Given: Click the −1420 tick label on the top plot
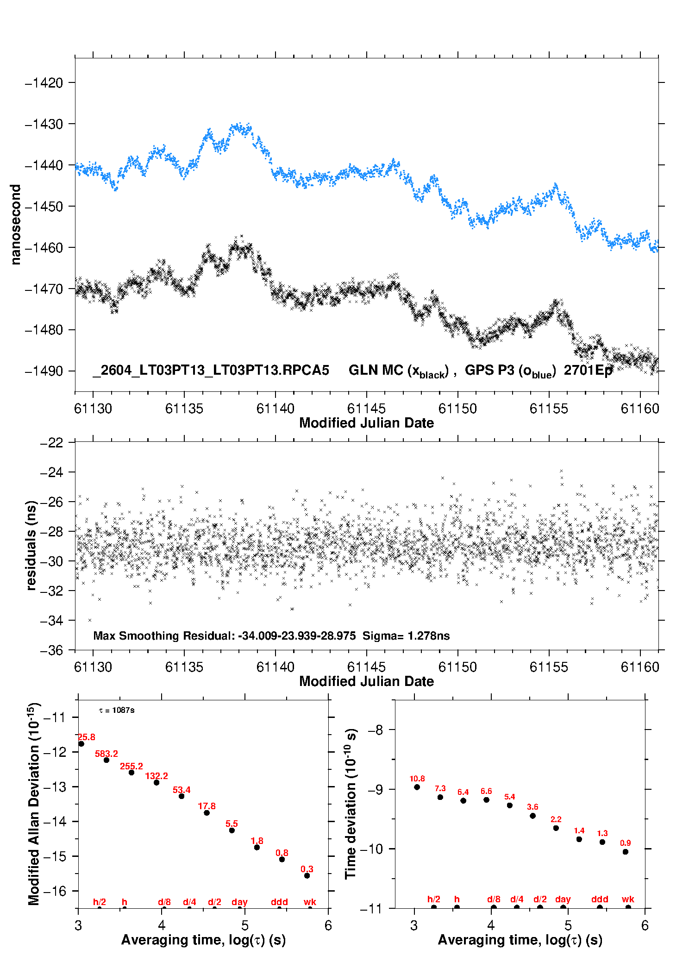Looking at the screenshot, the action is point(44,83).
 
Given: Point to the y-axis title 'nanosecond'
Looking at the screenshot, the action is point(16,225).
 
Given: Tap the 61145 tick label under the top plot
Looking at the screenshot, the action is point(366,409).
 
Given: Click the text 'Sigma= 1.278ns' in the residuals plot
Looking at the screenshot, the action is point(406,635).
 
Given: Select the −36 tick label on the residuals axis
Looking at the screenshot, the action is point(51,650).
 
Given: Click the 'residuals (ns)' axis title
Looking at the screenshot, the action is point(31,545).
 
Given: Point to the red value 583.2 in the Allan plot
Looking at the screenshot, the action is point(106,754).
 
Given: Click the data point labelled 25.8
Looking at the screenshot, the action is point(81,744).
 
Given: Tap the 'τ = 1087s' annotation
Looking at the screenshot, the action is point(117,710).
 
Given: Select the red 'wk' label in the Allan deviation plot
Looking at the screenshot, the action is point(310,902).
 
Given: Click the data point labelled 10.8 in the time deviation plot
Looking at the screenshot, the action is point(417,787).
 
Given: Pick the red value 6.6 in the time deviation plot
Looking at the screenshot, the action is point(486,791).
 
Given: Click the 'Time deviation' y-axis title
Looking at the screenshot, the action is point(351,804).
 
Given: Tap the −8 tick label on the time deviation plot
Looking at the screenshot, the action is point(376,730).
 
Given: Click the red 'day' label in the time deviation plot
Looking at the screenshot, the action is point(563,900).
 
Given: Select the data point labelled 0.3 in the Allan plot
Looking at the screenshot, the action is point(307,875).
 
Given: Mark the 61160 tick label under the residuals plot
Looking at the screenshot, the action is point(640,667).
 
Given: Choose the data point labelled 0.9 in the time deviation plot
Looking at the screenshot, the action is point(626,852).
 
